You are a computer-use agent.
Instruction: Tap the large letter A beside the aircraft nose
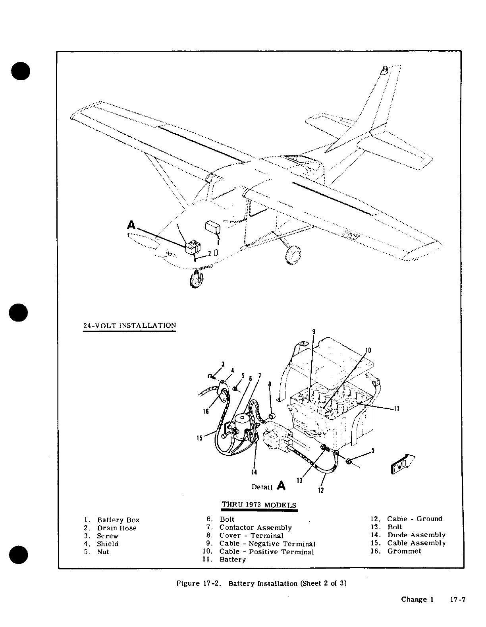coord(131,226)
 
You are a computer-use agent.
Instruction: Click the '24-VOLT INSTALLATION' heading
coord(129,325)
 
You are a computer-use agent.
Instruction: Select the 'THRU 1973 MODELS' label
coord(259,505)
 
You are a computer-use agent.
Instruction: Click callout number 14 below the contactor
coord(254,472)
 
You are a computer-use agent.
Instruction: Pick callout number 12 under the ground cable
coord(321,490)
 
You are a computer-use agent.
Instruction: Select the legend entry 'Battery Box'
coord(118,520)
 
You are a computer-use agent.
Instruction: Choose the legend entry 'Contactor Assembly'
coord(255,528)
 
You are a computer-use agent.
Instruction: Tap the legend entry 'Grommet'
coord(404,551)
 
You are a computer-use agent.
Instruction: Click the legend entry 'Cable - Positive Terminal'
coord(266,552)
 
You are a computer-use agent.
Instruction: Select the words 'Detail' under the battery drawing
coord(262,487)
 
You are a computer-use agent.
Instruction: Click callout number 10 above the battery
coord(368,350)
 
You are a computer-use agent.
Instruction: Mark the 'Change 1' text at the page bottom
coord(417,600)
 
